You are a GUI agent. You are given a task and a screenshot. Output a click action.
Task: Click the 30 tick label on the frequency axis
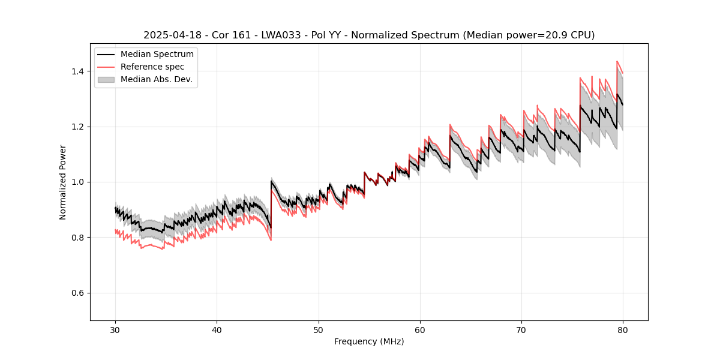116,329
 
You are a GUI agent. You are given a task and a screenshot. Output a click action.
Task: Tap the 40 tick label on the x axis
217,329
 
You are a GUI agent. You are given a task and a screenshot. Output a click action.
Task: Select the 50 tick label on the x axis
319,329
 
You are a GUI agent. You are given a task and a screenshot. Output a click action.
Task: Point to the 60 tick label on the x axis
420,329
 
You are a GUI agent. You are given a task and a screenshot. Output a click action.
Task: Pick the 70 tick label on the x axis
521,329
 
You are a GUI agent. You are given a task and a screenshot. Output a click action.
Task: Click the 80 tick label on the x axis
623,329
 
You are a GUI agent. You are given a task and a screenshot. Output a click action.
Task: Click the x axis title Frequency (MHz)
369,341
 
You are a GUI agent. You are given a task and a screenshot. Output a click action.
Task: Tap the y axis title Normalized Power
63,182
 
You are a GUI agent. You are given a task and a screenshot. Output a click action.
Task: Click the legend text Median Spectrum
157,55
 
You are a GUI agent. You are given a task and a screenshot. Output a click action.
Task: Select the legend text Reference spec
152,67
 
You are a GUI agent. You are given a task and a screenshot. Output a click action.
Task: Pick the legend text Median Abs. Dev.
157,79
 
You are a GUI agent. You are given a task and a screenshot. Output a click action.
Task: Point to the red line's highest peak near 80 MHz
617,61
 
